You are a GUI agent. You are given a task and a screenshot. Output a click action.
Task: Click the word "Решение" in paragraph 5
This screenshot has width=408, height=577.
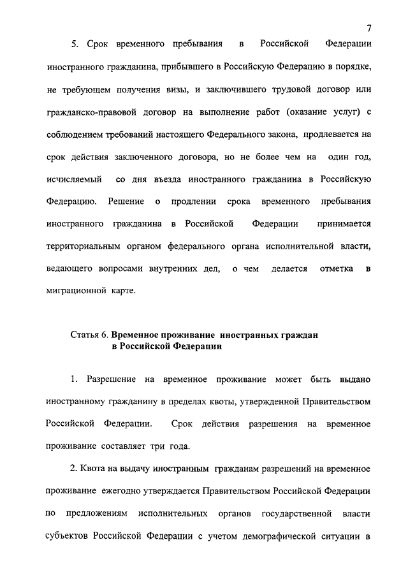point(125,202)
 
